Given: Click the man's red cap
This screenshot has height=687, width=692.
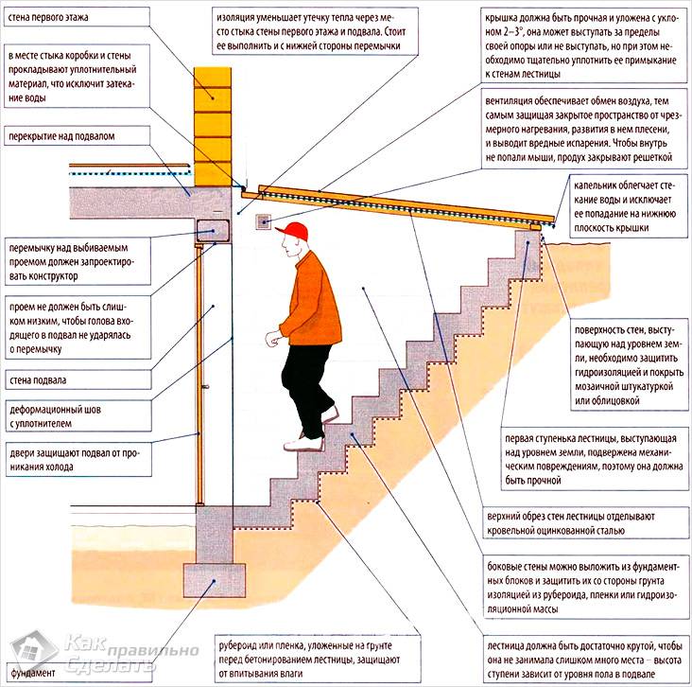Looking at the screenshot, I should tap(298, 231).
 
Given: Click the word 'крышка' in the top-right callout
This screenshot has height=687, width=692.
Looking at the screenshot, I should tap(502, 18).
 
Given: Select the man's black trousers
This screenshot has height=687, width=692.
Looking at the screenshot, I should tap(306, 378).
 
